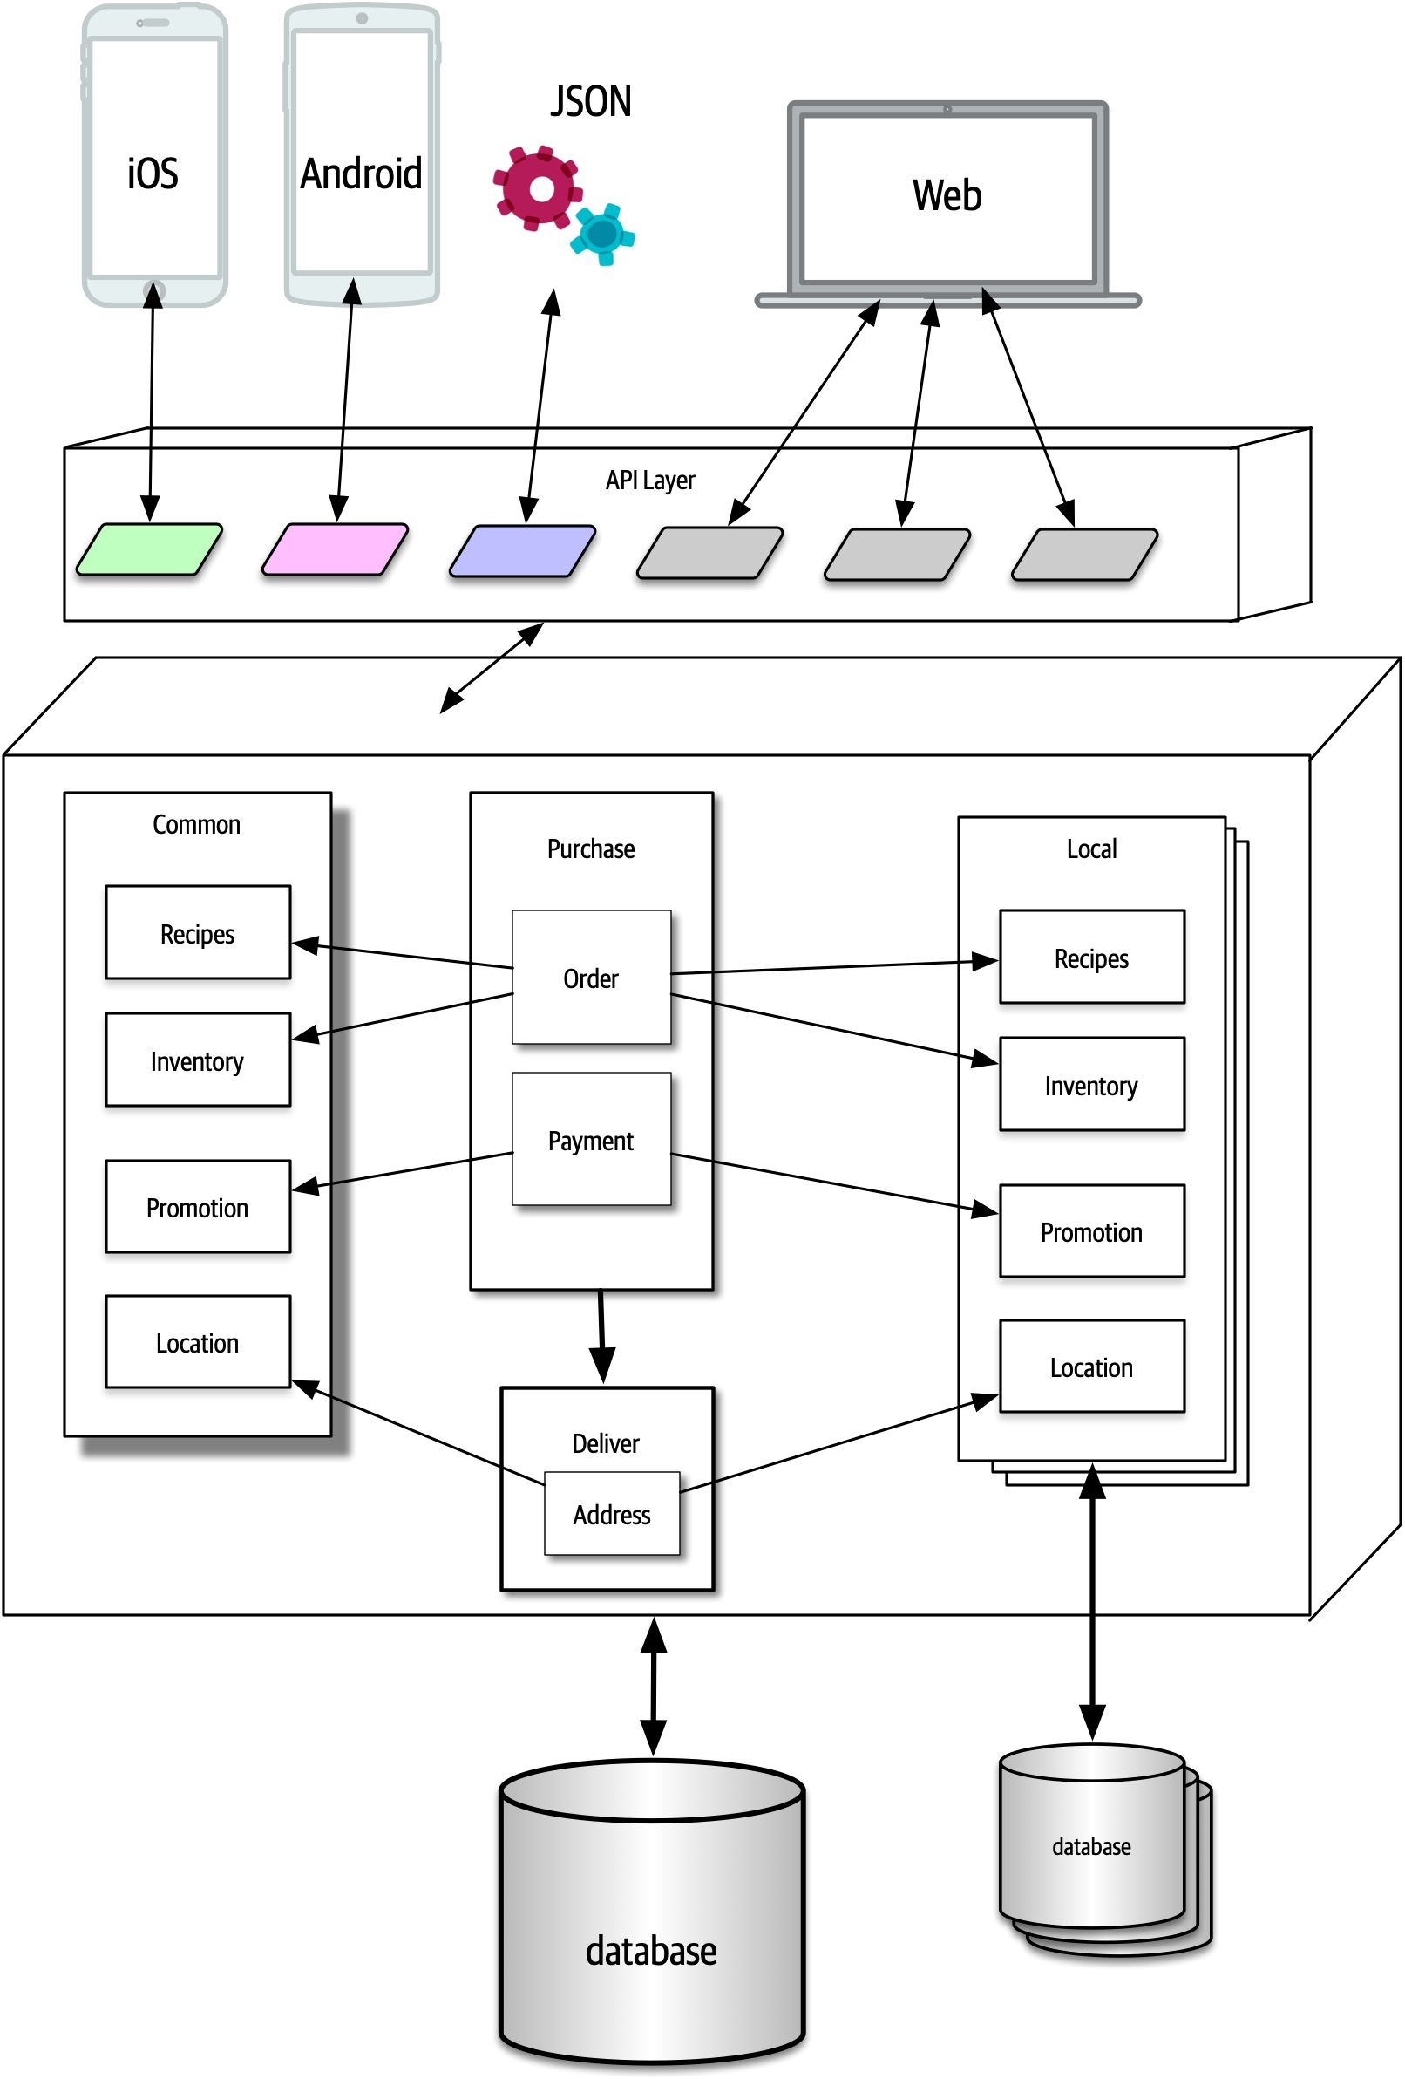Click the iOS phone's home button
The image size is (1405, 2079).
pos(153,290)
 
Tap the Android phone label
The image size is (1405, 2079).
pos(361,174)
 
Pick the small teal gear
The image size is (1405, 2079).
pos(604,235)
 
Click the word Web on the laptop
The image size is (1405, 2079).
pos(947,195)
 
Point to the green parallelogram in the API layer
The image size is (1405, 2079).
pos(149,549)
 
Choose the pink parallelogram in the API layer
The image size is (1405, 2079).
pos(336,549)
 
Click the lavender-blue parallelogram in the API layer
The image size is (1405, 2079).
pos(522,550)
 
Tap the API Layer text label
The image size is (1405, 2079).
pos(649,481)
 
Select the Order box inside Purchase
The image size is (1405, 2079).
pos(590,977)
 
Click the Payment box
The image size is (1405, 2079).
pos(590,1140)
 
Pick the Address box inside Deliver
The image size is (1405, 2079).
pos(611,1514)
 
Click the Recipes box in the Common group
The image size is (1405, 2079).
pos(198,933)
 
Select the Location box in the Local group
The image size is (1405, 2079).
pos(1091,1366)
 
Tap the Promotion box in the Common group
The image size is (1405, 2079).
pos(198,1207)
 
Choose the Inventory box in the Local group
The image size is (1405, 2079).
pos(1091,1084)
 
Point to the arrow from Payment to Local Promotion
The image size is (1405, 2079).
pos(831,1183)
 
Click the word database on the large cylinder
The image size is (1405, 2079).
pos(651,1950)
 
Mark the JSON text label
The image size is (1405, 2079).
pos(590,102)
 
